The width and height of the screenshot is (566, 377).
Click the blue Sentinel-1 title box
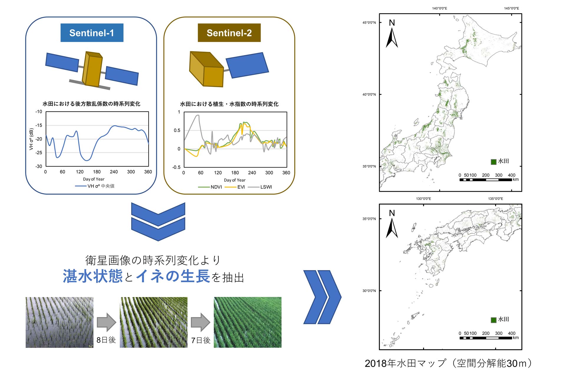point(92,33)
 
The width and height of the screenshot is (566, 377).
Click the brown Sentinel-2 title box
point(229,33)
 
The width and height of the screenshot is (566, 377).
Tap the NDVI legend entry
point(210,187)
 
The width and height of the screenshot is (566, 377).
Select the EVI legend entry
point(235,187)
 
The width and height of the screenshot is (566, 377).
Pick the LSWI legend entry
point(260,187)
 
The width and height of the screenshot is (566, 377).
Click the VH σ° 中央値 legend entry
point(95,186)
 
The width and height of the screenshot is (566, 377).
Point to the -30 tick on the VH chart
point(39,166)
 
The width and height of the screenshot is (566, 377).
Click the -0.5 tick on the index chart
point(176,167)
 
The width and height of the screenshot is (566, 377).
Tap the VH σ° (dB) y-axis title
point(31,139)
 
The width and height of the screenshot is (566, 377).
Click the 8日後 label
point(106,340)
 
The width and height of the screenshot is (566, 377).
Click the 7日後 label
point(201,340)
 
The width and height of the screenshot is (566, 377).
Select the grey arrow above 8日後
point(106,322)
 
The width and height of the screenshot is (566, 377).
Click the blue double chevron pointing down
point(158,221)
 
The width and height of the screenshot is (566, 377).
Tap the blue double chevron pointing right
point(322,297)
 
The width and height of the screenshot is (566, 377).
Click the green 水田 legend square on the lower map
point(493,320)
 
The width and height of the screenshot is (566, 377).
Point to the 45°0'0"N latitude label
point(369,23)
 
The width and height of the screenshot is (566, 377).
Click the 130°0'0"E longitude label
point(423,199)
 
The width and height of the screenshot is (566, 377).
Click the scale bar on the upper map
point(486,180)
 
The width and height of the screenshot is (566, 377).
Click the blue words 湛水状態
point(93,276)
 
